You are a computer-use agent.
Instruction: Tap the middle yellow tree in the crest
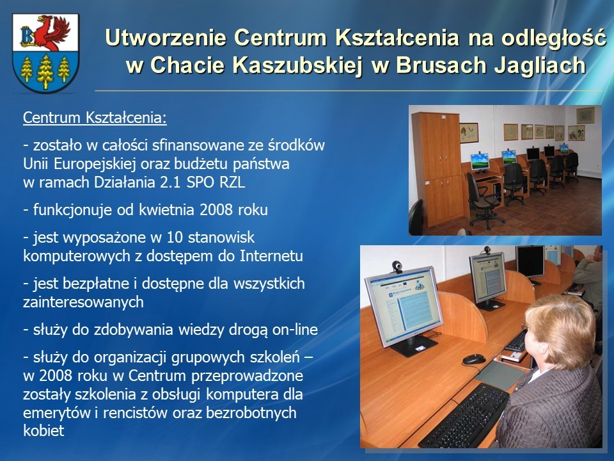click(x=45, y=72)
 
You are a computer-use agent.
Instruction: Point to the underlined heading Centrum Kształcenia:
click(x=95, y=118)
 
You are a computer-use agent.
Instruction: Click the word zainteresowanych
click(x=83, y=302)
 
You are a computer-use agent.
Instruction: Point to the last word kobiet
click(x=43, y=431)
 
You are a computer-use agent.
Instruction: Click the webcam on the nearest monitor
click(x=397, y=267)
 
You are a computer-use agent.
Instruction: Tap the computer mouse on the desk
click(x=474, y=359)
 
